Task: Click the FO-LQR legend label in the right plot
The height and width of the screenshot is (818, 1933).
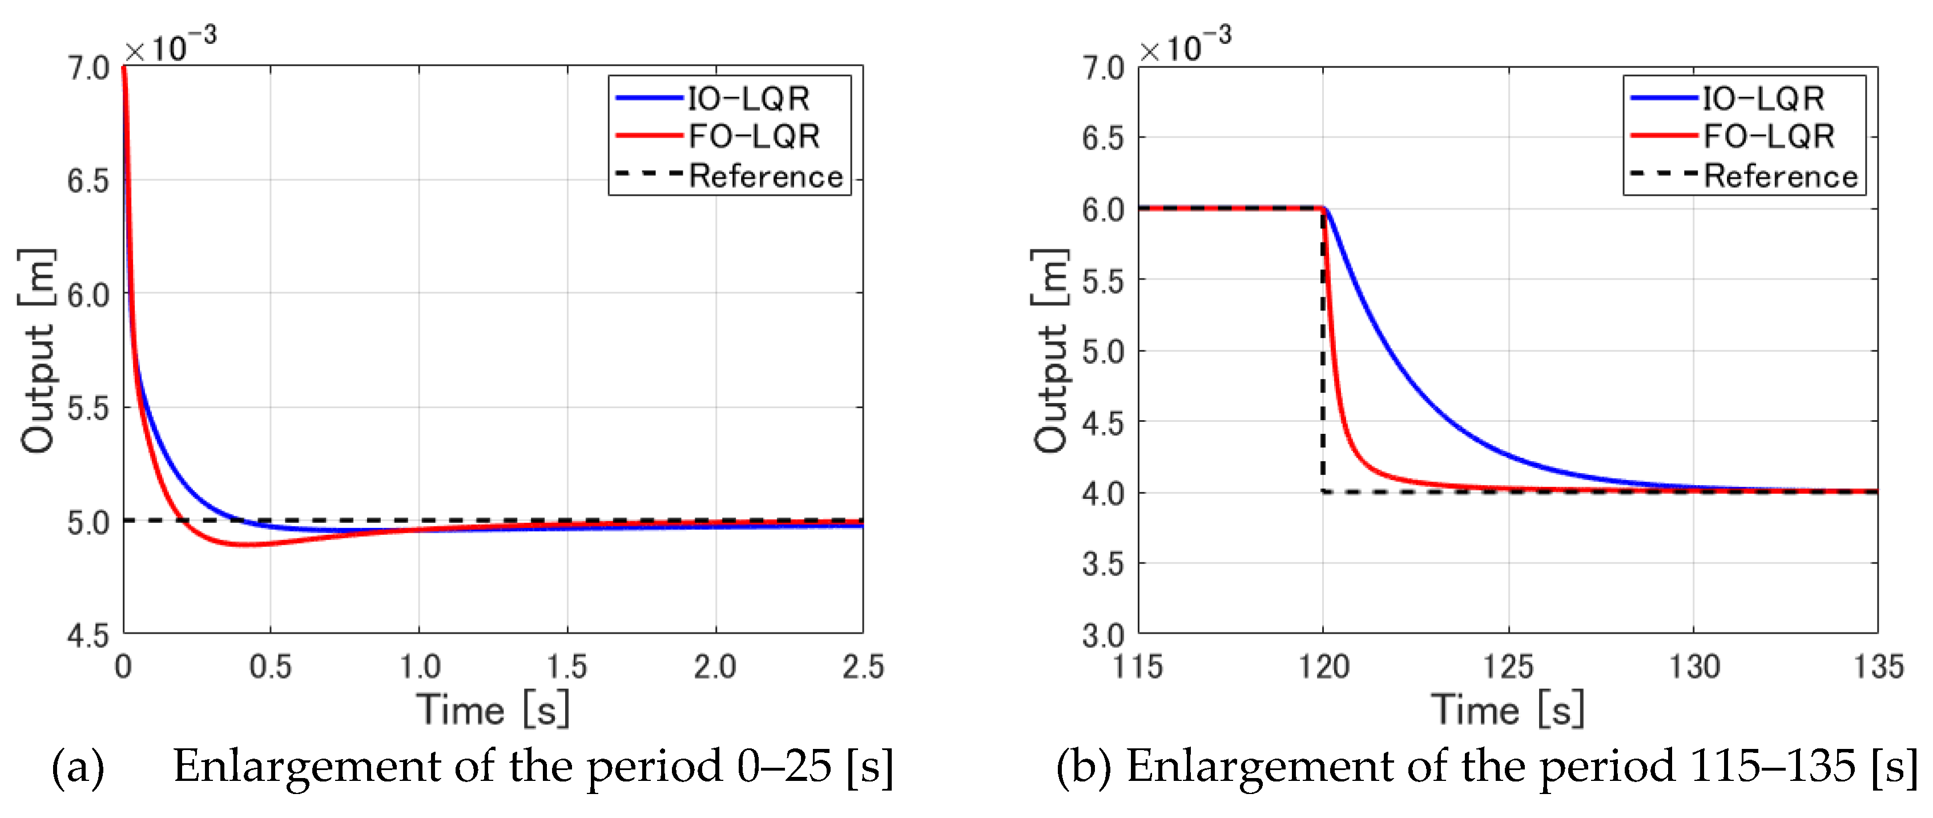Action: tap(1768, 136)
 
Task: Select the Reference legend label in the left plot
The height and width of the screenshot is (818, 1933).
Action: tap(766, 176)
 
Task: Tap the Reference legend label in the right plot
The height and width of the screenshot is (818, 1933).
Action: tap(1780, 176)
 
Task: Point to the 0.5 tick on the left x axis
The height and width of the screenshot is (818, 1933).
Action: tap(270, 666)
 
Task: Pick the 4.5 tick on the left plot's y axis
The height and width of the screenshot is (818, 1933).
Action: tap(88, 636)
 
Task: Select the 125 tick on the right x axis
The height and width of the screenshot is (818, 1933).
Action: tap(1508, 666)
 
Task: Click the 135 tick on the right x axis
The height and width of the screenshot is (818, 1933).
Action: tap(1878, 666)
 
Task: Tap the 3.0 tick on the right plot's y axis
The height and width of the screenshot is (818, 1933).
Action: tap(1102, 636)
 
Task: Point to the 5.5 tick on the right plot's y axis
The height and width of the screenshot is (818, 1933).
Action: tap(1102, 281)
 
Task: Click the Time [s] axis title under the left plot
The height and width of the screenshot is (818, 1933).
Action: tap(493, 709)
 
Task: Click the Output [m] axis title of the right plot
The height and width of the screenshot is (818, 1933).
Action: tap(1050, 350)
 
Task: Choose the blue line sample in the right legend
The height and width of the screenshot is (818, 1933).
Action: tap(1663, 98)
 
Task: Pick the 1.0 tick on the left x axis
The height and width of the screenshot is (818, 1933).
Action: tap(418, 666)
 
